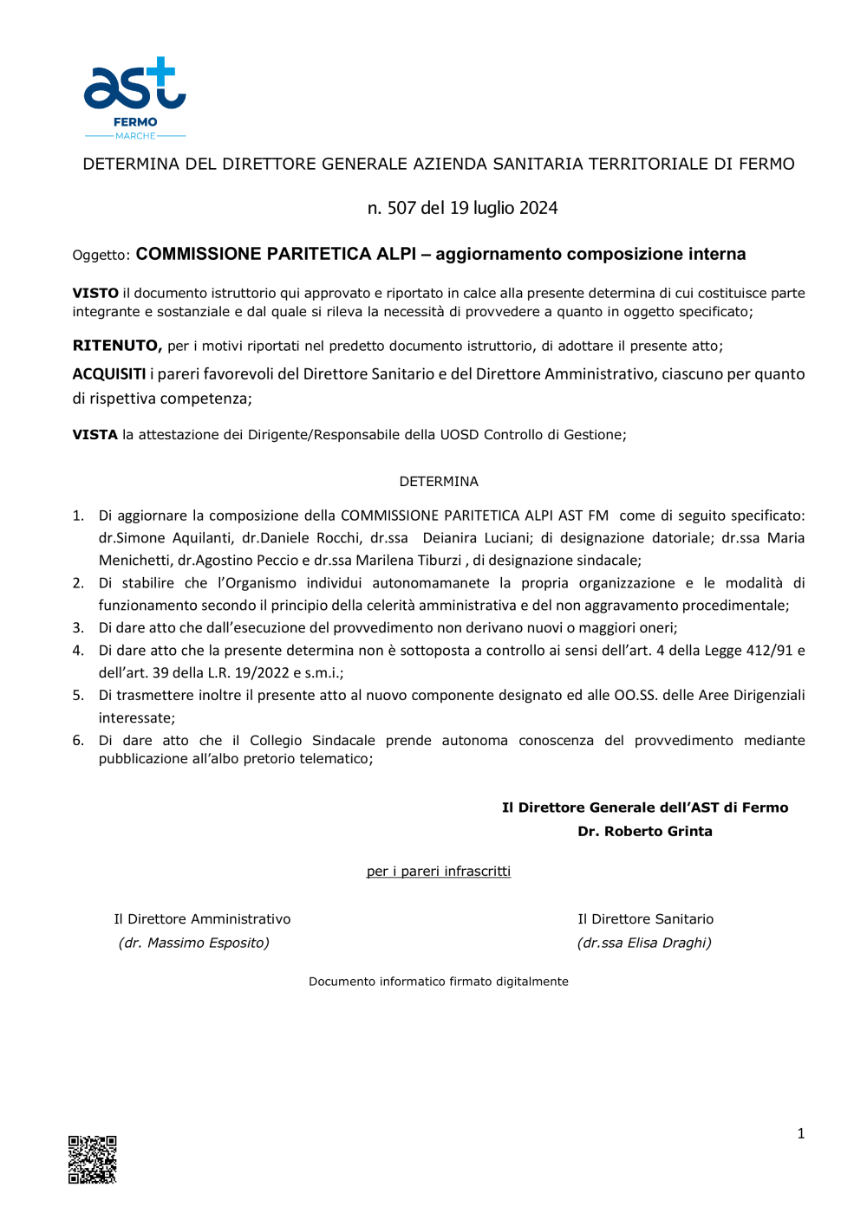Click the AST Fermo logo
coord(134,97)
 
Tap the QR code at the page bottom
coord(92,1158)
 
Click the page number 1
coord(800,1132)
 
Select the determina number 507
coord(401,208)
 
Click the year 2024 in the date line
coord(538,208)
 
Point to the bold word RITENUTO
coord(117,346)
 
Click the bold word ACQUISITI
coord(109,374)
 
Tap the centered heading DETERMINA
coord(439,481)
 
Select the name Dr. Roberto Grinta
coord(645,831)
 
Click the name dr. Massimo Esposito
coord(194,943)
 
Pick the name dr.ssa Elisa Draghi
coord(644,943)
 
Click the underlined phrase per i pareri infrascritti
coord(439,871)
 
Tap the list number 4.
coord(78,650)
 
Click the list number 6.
coord(78,740)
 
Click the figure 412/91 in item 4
coord(769,650)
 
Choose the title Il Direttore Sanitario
coord(646,918)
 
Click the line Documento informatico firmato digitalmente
coord(439,981)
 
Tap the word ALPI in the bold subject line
coord(396,254)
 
